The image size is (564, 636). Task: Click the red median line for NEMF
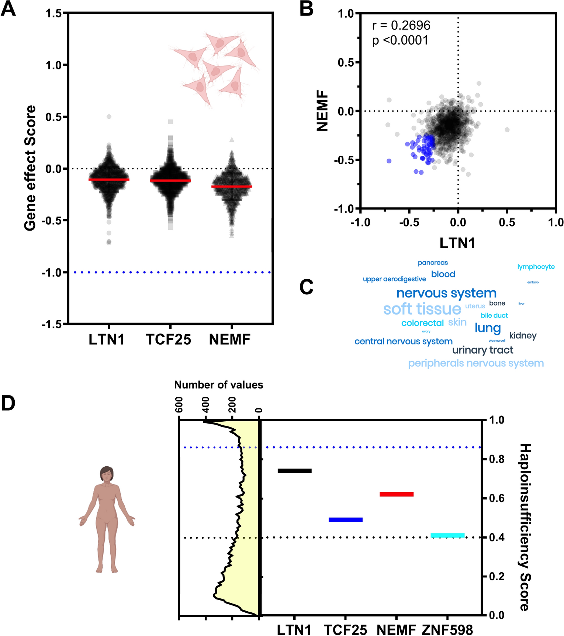pyautogui.click(x=232, y=186)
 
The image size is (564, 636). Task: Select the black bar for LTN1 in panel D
pyautogui.click(x=294, y=471)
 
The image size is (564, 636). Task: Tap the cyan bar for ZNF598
pyautogui.click(x=447, y=535)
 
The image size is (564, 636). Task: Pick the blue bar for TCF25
pyautogui.click(x=345, y=520)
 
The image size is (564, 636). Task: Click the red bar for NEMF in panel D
pyautogui.click(x=397, y=494)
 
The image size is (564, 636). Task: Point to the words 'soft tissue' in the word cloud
pyautogui.click(x=422, y=309)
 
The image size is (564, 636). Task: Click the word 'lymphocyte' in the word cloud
pyautogui.click(x=536, y=267)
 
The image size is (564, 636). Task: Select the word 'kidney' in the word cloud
pyautogui.click(x=523, y=336)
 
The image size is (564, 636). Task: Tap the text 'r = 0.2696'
pyautogui.click(x=401, y=25)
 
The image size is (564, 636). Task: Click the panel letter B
pyautogui.click(x=306, y=9)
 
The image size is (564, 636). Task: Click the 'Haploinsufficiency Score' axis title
pyautogui.click(x=525, y=516)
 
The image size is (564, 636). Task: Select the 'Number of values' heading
pyautogui.click(x=218, y=385)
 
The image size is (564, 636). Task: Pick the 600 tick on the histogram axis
pyautogui.click(x=179, y=404)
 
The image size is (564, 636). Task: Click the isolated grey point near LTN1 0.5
pyautogui.click(x=507, y=129)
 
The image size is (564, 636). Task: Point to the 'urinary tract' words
pyautogui.click(x=482, y=350)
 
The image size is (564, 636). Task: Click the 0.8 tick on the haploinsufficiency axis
pyautogui.click(x=496, y=459)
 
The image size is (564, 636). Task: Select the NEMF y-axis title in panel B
pyautogui.click(x=322, y=111)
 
